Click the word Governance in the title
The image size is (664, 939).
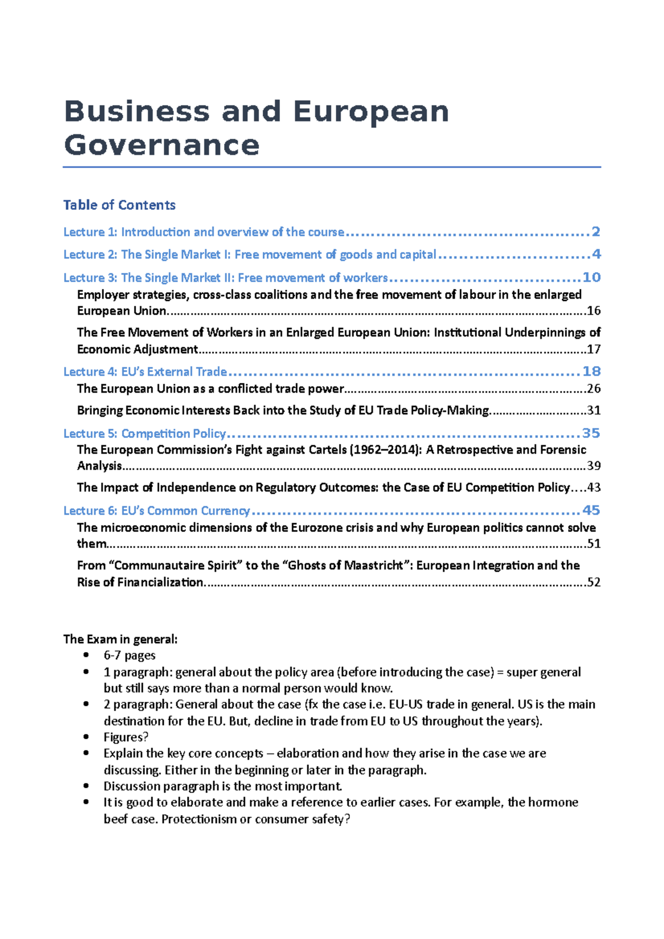point(162,145)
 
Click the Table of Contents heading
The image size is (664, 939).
point(119,205)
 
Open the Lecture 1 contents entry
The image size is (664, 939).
point(204,232)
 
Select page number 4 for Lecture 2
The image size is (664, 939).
point(595,254)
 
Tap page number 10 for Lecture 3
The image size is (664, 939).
point(592,278)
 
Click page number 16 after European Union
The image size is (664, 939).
point(594,311)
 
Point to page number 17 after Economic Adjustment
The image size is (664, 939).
point(594,349)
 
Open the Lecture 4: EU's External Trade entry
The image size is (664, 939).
point(145,372)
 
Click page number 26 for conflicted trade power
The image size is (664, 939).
point(594,389)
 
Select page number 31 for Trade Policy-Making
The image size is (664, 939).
point(594,410)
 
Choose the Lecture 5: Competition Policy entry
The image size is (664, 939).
point(145,434)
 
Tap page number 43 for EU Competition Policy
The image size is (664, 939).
point(594,488)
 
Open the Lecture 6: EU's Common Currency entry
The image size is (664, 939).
point(157,511)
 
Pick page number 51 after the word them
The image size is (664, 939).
point(594,544)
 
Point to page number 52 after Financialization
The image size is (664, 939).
point(594,582)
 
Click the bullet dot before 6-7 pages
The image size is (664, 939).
point(86,655)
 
